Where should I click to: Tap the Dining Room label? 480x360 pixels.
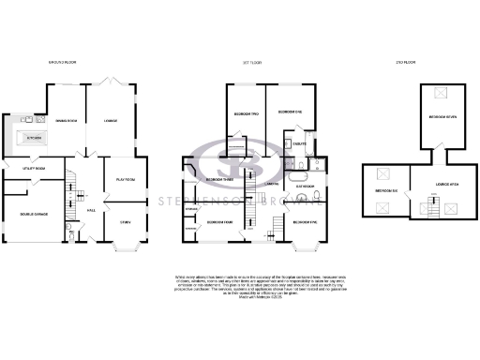[65, 121]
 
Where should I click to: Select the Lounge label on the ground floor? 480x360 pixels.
[110, 121]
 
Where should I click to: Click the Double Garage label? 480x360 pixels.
[31, 215]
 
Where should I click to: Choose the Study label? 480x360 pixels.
[125, 222]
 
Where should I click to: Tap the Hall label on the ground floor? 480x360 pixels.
[92, 210]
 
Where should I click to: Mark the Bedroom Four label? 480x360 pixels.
[218, 222]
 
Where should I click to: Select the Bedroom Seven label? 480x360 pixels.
[442, 117]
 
